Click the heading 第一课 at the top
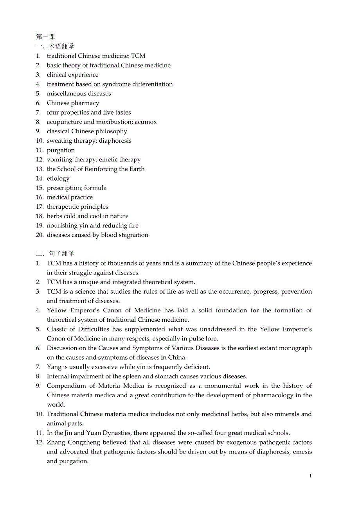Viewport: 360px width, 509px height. (x=45, y=37)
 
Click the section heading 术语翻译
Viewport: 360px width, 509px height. (x=61, y=46)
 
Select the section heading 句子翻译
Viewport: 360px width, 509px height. (x=61, y=254)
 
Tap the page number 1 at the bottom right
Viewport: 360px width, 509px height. (x=311, y=476)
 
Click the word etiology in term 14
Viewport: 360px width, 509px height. (x=58, y=178)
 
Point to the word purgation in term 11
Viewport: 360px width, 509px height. (x=61, y=150)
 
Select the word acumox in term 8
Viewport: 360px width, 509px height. (x=146, y=122)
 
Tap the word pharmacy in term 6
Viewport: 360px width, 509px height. (x=86, y=103)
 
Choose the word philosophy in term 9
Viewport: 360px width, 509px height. (x=111, y=131)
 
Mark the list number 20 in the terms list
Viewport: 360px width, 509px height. (x=40, y=235)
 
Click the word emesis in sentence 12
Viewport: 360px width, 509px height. (x=302, y=452)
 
